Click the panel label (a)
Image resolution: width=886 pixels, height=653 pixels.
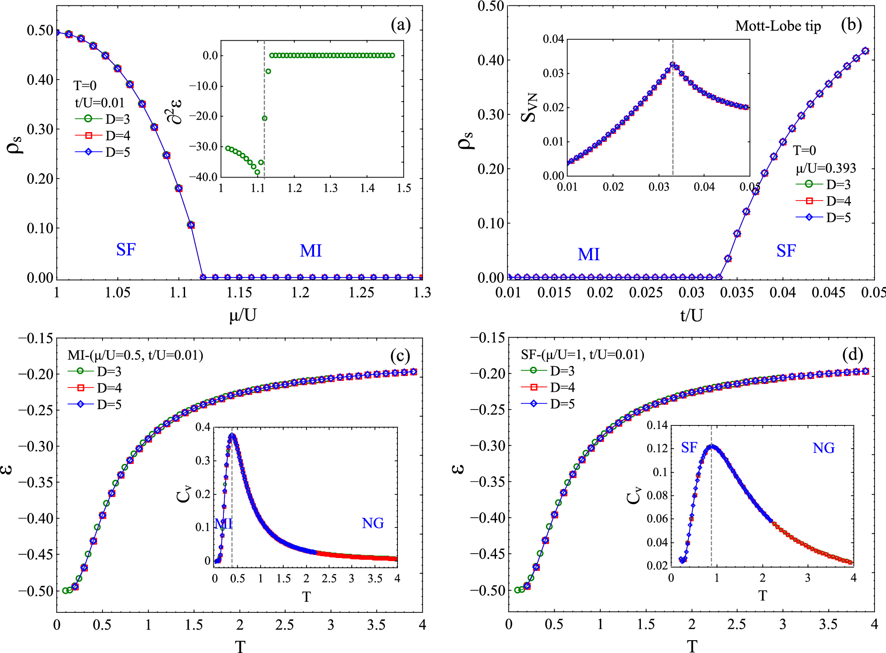pos(401,25)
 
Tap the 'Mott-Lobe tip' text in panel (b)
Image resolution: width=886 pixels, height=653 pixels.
pos(778,26)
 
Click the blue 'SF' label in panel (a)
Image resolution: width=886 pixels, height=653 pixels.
pos(126,250)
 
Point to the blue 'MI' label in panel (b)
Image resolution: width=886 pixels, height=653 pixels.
pos(588,254)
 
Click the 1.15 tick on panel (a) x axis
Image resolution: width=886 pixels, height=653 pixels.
pos(239,292)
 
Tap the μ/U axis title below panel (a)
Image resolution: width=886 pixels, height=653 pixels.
pos(242,315)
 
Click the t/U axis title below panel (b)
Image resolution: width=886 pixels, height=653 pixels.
pos(691,315)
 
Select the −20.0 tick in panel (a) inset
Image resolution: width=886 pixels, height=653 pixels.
pos(204,116)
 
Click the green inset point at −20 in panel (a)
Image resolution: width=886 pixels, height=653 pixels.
pos(265,118)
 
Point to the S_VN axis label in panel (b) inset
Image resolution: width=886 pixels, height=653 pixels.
pos(529,107)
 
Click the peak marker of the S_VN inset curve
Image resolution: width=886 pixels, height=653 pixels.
pos(673,65)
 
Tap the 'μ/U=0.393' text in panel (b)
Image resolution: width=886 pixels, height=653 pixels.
pos(825,168)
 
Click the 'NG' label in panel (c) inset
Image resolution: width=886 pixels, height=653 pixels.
pos(373,524)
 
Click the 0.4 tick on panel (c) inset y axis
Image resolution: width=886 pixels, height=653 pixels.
pos(203,427)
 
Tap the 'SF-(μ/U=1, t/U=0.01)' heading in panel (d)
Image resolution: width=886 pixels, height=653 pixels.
pos(582,355)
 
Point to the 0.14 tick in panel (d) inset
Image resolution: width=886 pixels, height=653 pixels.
pos(657,425)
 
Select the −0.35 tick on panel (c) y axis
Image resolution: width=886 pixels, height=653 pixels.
pos(35,482)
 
